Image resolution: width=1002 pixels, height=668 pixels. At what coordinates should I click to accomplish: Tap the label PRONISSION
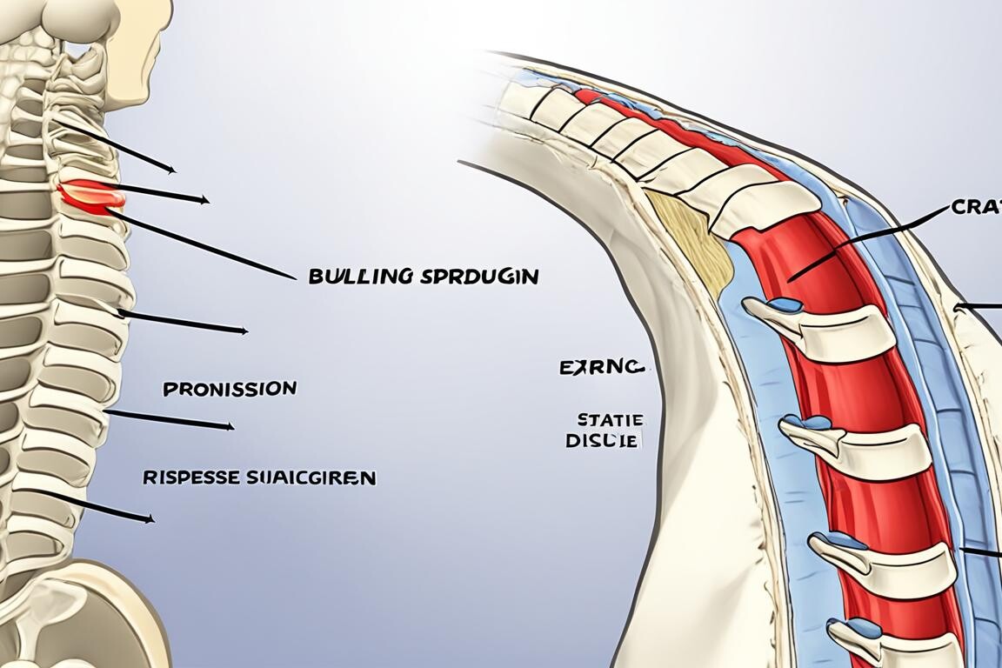click(x=230, y=388)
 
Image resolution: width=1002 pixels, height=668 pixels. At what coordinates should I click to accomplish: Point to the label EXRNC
click(x=601, y=368)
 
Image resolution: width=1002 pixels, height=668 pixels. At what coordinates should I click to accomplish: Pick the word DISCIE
click(x=603, y=440)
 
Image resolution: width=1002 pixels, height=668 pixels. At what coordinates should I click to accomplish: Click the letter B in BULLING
click(x=315, y=277)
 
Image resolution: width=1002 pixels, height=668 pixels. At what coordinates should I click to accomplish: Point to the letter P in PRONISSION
click(x=169, y=389)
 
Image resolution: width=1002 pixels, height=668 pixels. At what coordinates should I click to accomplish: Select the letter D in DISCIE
click(x=571, y=441)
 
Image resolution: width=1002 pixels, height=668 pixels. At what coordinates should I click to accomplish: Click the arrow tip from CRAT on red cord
click(x=790, y=280)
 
